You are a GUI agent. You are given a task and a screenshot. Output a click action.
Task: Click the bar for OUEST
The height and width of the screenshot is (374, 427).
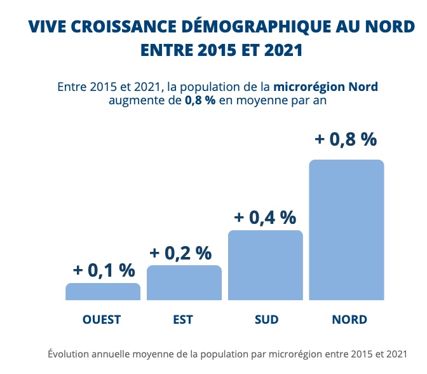[x=103, y=291]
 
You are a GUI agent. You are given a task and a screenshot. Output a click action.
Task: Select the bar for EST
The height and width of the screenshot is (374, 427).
[x=184, y=282]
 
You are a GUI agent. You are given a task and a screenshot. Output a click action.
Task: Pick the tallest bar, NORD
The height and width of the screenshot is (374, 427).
[x=346, y=230]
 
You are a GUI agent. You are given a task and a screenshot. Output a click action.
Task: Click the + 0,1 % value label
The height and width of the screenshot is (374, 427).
[x=104, y=270]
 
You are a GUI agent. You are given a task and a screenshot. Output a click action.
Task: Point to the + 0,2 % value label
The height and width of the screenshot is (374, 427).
[x=180, y=253]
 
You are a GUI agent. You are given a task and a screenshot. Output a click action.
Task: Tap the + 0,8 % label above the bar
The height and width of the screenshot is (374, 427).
[x=346, y=139]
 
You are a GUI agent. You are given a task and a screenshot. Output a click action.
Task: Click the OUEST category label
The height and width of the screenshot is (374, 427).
[x=102, y=319]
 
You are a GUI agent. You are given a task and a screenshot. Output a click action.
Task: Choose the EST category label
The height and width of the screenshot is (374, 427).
[x=183, y=319]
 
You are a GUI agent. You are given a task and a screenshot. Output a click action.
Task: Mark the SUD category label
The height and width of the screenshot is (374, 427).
[x=266, y=319]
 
